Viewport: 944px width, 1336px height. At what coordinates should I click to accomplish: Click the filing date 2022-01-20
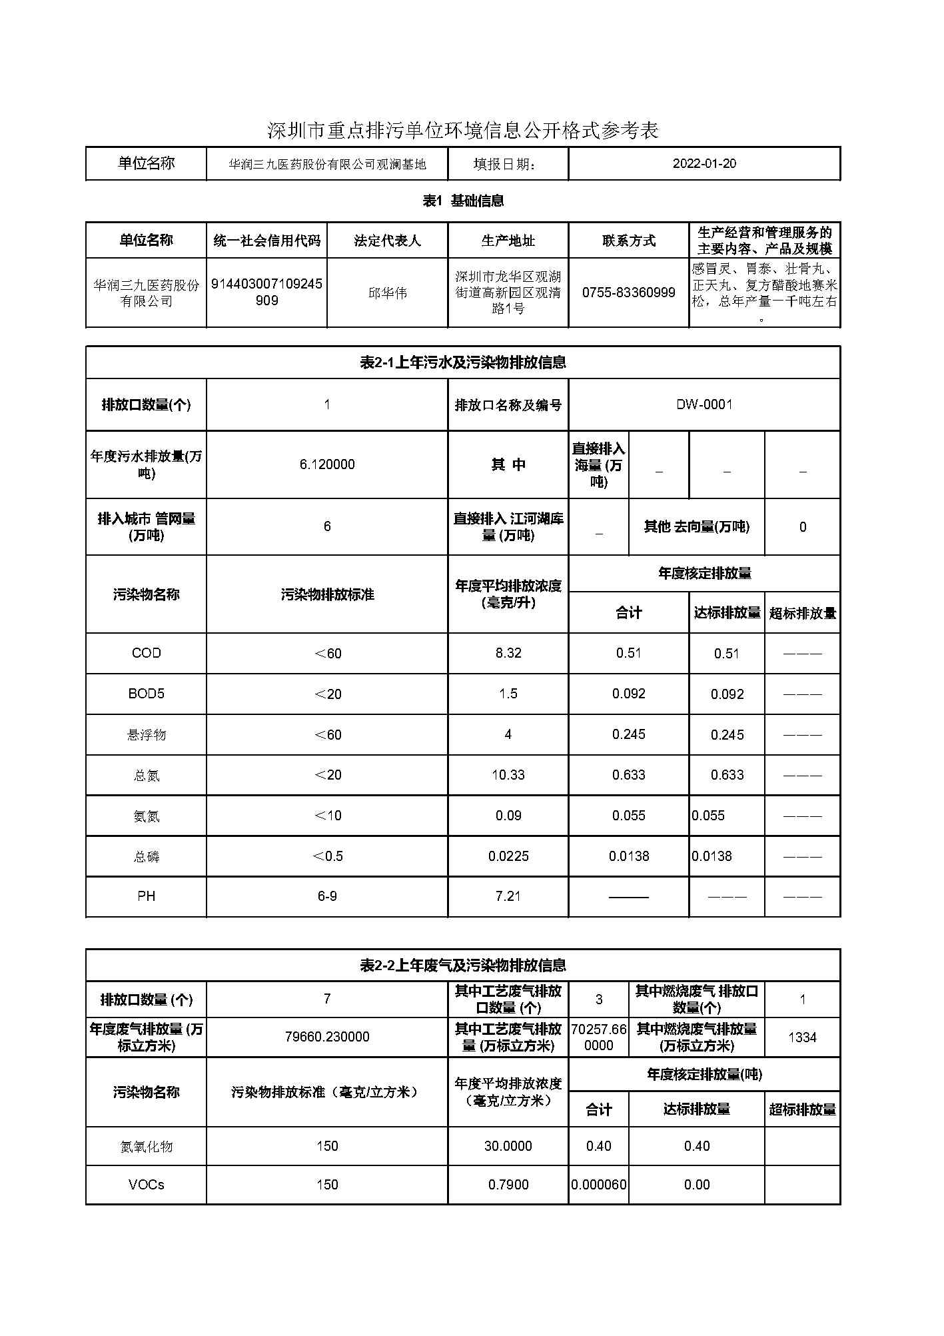(704, 164)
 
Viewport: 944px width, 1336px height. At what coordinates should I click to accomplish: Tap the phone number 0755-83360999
(628, 293)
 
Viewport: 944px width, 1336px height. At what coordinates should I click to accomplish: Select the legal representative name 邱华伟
(387, 293)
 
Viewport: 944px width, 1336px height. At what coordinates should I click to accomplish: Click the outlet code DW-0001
(704, 404)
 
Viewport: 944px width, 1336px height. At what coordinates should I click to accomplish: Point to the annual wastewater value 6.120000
(326, 464)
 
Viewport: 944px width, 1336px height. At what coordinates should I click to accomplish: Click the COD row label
(146, 653)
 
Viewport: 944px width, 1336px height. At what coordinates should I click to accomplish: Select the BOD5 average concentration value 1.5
(508, 694)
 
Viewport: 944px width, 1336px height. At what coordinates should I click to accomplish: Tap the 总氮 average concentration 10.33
(508, 775)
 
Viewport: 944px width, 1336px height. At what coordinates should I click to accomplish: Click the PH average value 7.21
(508, 896)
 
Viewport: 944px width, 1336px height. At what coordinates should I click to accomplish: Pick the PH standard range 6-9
(326, 896)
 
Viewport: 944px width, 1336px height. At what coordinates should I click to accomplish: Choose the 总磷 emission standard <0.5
(326, 856)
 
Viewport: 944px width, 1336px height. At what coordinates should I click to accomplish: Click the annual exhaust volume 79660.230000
(326, 1037)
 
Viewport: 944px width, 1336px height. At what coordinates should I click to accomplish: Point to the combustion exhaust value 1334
(802, 1037)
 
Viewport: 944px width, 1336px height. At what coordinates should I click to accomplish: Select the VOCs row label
(146, 1185)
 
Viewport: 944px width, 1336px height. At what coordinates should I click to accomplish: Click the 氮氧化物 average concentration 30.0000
(508, 1146)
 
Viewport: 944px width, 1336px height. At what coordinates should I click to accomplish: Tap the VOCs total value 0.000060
(598, 1185)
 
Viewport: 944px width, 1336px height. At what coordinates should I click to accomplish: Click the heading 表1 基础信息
(463, 201)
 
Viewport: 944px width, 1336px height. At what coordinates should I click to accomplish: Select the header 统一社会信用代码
(266, 241)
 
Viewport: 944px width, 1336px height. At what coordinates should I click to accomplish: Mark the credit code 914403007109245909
(266, 292)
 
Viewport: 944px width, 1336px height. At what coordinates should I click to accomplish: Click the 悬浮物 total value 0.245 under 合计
(628, 734)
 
